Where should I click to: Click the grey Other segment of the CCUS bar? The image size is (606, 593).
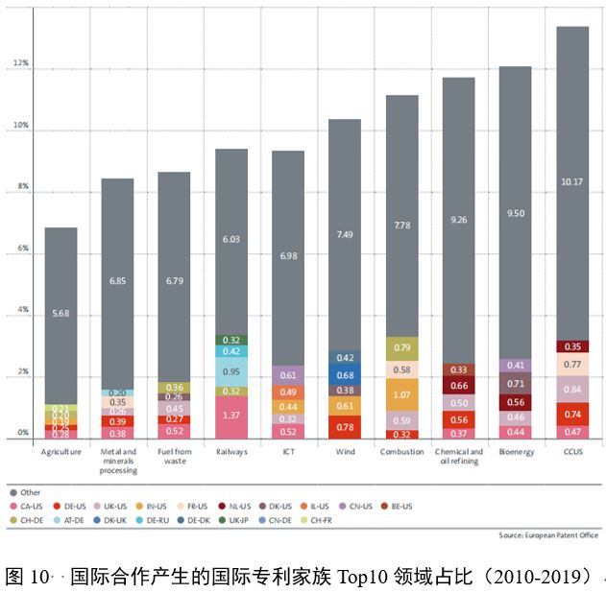[x=572, y=182]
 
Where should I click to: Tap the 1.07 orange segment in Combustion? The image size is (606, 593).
[x=401, y=394]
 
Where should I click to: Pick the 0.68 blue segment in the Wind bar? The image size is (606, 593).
[x=345, y=374]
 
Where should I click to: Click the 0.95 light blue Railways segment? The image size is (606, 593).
[x=231, y=371]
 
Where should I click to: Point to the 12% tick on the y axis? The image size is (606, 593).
[x=21, y=64]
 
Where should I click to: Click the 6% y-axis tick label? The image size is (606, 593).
[x=21, y=249]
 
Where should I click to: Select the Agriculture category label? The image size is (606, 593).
[x=61, y=451]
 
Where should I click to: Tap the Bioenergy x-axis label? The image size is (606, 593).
[x=515, y=451]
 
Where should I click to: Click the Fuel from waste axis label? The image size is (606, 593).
[x=175, y=456]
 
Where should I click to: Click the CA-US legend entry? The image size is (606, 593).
[x=30, y=506]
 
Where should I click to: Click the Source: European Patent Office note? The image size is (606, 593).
[x=545, y=534]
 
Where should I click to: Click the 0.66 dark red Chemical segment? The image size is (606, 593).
[x=458, y=386]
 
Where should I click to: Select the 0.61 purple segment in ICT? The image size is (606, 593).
[x=288, y=375]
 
